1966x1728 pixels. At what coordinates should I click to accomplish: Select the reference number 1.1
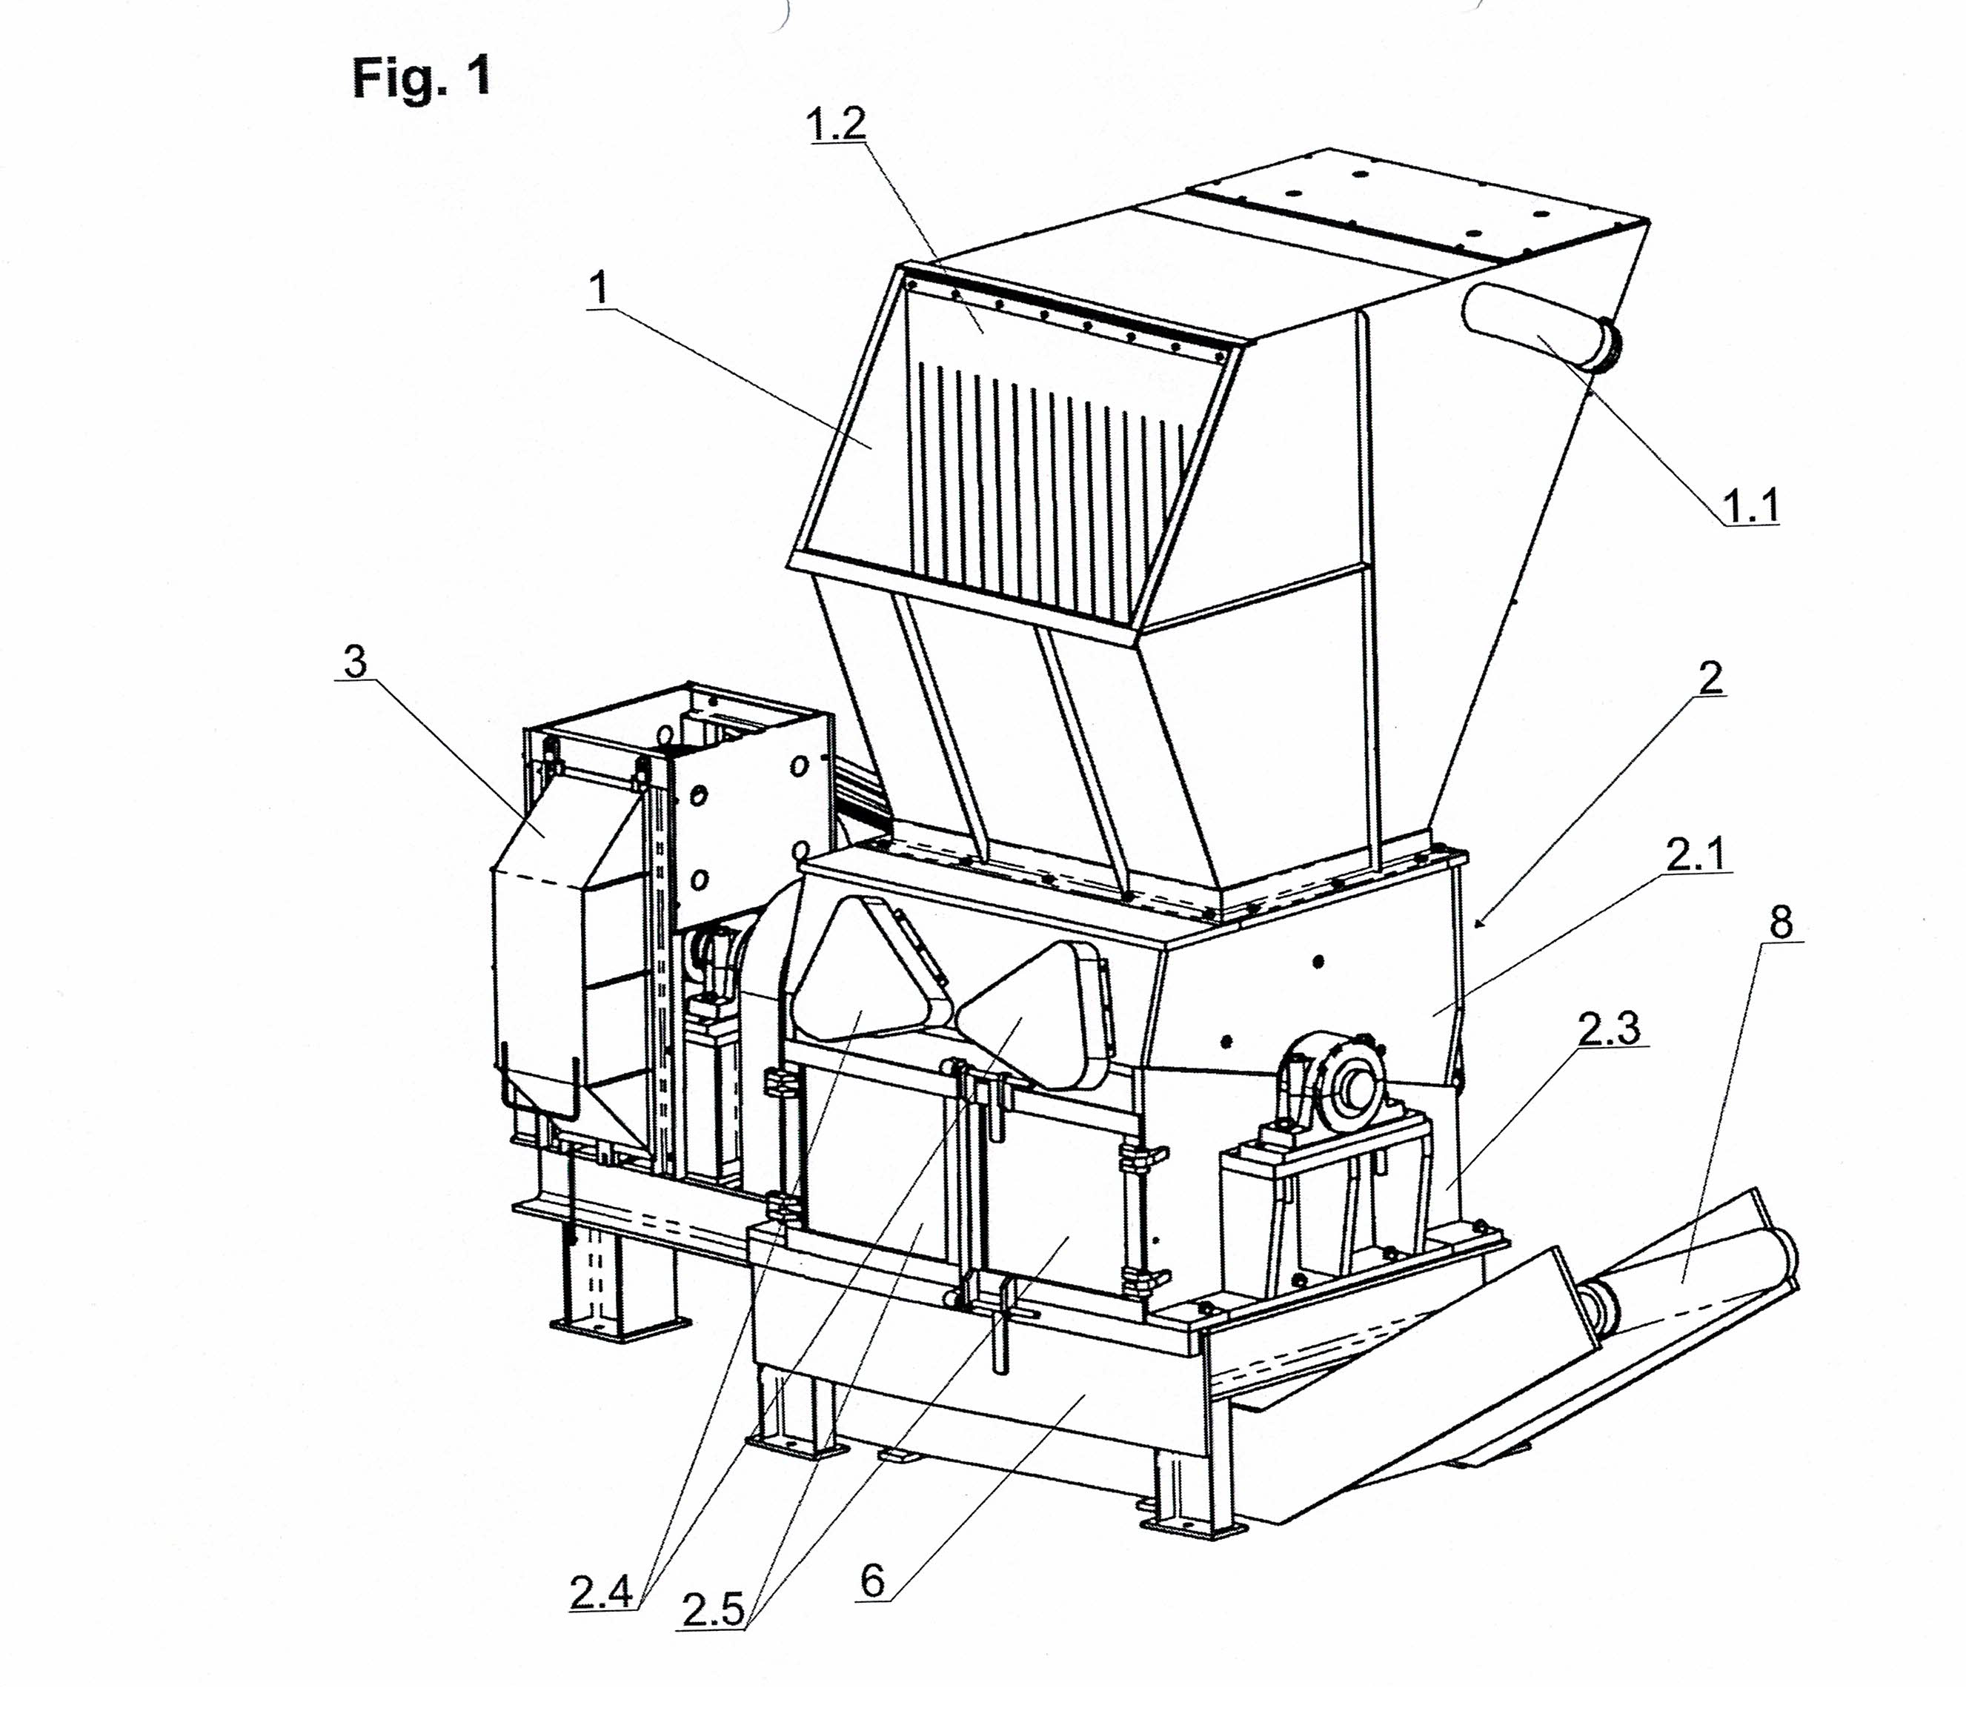click(x=1750, y=506)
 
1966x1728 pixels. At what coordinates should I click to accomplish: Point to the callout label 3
click(x=356, y=662)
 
